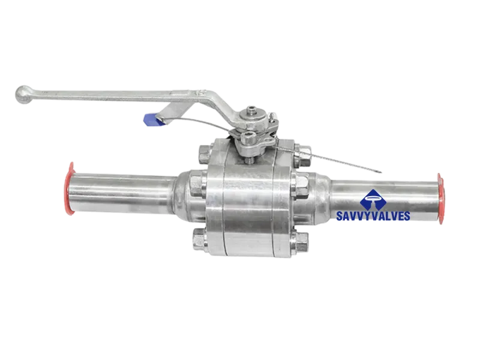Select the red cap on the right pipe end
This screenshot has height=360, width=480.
[440, 199]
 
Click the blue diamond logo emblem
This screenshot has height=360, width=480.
[373, 200]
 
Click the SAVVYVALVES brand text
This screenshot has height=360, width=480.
[373, 216]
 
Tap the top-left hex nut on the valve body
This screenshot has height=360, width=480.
[205, 154]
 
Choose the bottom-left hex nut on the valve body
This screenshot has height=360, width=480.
[200, 239]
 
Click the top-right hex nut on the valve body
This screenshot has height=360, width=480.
[302, 156]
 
